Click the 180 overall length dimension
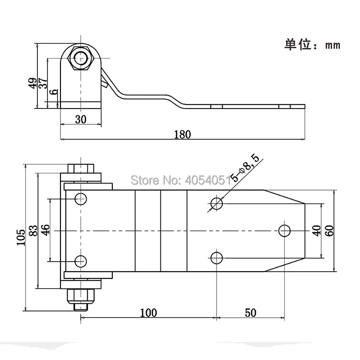[x=183, y=134]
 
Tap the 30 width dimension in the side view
[x=81, y=120]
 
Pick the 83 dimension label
[x=33, y=231]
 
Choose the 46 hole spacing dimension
[x=46, y=230]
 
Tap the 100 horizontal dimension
[x=148, y=313]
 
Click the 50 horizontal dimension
[x=250, y=313]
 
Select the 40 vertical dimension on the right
[x=316, y=230]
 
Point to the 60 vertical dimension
[x=329, y=230]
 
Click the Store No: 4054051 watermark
[x=181, y=181]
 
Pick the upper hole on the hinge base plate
[x=81, y=198]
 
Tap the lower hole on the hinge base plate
[x=81, y=261]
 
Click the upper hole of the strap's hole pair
[x=217, y=203]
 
